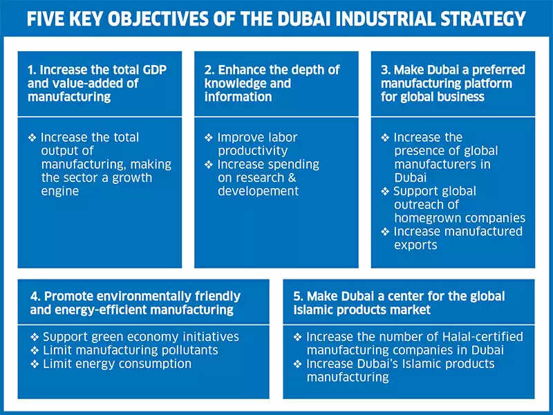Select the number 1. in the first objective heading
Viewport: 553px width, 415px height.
32,71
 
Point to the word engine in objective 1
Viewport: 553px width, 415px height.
59,191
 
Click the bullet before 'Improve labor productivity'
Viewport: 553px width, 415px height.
209,138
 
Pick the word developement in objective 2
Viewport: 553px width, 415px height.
258,191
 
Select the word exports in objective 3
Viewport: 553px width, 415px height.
415,244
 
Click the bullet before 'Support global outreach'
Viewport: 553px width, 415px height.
385,191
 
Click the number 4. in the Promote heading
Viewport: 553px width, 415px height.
35,297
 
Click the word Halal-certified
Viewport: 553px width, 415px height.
478,337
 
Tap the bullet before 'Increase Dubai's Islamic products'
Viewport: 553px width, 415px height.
298,364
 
